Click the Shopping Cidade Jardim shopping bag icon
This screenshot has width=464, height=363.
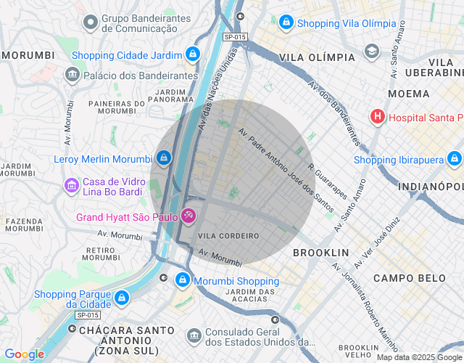click(192, 54)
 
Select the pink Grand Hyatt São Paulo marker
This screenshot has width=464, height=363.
click(188, 216)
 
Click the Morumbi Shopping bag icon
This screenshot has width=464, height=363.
click(181, 280)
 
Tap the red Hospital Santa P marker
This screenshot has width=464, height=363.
click(378, 117)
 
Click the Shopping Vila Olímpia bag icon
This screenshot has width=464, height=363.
click(286, 23)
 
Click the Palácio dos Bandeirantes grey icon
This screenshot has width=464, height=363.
click(72, 75)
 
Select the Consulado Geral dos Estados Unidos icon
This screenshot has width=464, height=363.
click(194, 335)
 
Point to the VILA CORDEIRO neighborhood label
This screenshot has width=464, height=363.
click(228, 236)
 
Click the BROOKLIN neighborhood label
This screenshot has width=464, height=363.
click(320, 253)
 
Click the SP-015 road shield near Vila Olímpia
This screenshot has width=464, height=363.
click(235, 36)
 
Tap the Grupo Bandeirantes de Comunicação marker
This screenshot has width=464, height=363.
click(91, 23)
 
